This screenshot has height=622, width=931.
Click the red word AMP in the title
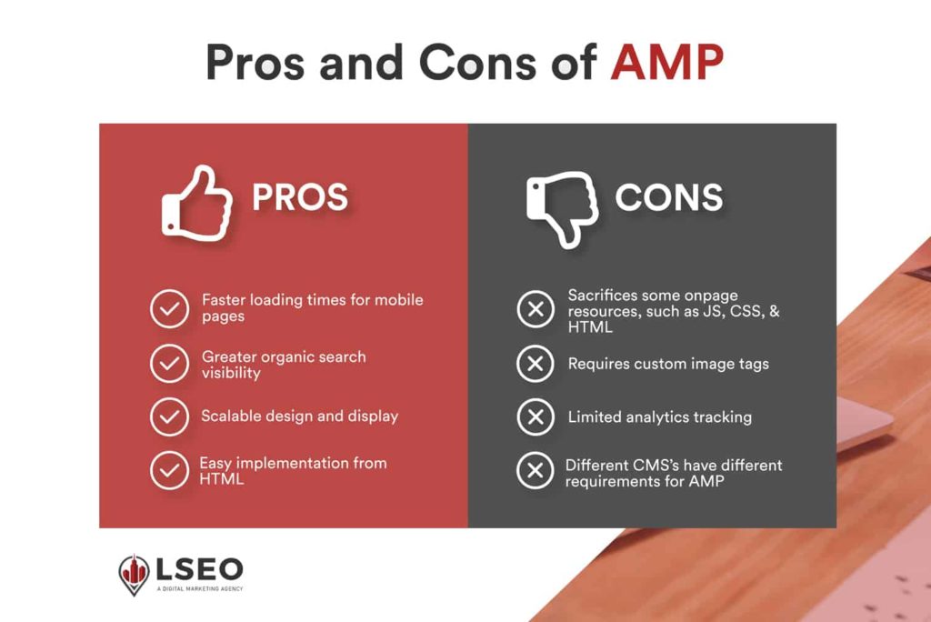pos(666,62)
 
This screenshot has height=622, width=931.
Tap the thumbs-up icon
pos(197,203)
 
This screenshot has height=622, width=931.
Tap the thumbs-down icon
pos(562,209)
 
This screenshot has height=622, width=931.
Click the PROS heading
pos(300,197)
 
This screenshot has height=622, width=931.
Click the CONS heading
pos(669,197)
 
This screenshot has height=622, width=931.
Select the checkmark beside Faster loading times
pos(169,309)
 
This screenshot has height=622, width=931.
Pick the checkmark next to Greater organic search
pos(169,363)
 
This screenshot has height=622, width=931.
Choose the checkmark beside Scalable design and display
pos(169,416)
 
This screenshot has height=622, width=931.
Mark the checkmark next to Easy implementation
pos(169,470)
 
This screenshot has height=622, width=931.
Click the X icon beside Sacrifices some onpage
pos(535,309)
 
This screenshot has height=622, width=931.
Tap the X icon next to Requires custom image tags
pos(535,363)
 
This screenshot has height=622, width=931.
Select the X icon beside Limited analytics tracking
pos(535,416)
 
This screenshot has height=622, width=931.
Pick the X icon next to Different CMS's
pos(535,470)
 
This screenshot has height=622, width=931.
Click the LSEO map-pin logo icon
pos(134,575)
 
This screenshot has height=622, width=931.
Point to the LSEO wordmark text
pos(199,569)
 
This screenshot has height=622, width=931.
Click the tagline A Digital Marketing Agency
pos(200,588)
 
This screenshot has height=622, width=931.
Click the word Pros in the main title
pos(255,62)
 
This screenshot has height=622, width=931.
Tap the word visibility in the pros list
pos(231,373)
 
